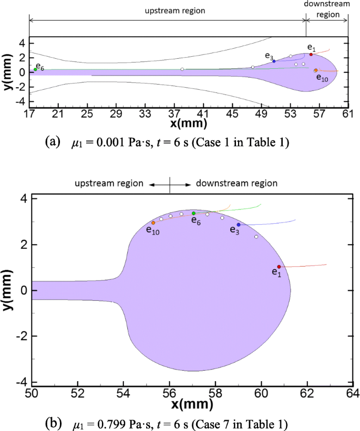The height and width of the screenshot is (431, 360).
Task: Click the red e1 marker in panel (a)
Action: coord(311,55)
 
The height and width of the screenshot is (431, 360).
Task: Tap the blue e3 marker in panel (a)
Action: coord(274,61)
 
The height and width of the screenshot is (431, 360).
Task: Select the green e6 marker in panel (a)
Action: coord(35,69)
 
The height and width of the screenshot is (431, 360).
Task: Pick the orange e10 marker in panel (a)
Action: coord(316,70)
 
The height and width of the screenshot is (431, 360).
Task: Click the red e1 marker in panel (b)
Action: coord(279,267)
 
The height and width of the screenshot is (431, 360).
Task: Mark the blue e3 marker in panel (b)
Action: coord(239,225)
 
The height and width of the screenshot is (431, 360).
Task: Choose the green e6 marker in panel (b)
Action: coord(193,213)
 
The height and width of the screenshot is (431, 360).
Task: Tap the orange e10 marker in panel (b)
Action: coord(153,223)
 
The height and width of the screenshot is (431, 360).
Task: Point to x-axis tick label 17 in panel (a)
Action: coord(29,113)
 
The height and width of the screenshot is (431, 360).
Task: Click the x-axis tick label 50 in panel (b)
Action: coord(32,393)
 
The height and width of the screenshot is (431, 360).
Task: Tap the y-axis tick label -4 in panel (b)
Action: coord(22,382)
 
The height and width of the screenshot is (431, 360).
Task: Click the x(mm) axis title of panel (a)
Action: coord(189,124)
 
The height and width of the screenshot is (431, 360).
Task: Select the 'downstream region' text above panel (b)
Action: coord(236,183)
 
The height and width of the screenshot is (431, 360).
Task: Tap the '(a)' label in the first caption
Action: coord(54,142)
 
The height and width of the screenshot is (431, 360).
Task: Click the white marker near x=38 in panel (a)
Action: coord(182,69)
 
